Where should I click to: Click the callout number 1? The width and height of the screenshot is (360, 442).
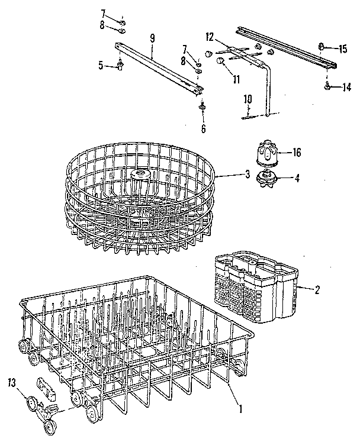pyautogui.click(x=240, y=407)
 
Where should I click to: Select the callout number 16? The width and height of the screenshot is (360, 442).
pyautogui.click(x=296, y=152)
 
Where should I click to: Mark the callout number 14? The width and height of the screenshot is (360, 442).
pyautogui.click(x=346, y=87)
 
